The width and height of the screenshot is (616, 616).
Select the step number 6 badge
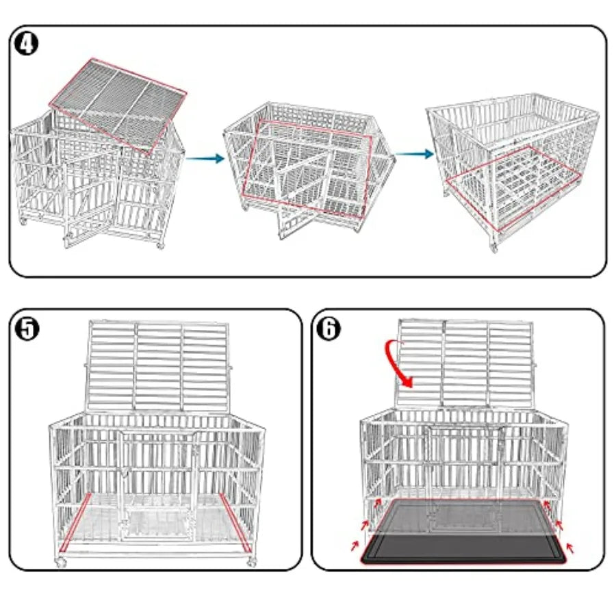tap(329, 328)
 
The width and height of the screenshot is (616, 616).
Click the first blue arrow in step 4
tap(205, 159)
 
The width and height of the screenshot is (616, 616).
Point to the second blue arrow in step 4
tap(410, 153)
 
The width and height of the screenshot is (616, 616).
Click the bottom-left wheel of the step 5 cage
tap(61, 563)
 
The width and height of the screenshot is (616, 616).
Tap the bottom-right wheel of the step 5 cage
tap(251, 563)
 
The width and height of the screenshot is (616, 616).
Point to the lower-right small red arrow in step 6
tap(572, 547)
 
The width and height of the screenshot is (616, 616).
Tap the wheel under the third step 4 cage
tap(493, 246)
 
